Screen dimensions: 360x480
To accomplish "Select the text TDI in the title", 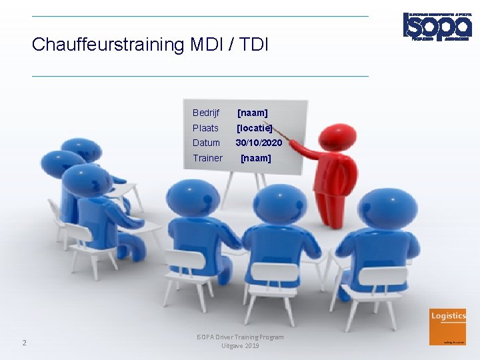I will tap(253, 45).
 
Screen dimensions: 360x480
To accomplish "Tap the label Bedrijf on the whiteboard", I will tap(205, 113).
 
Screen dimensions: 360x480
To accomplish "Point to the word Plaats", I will tap(205, 128).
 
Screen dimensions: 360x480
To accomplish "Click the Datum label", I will tap(206, 143).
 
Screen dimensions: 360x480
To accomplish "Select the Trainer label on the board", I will tap(207, 158).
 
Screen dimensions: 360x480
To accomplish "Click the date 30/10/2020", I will tap(259, 143).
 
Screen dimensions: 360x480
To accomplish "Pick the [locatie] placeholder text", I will tap(255, 128).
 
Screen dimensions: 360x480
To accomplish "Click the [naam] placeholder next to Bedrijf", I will tap(253, 113).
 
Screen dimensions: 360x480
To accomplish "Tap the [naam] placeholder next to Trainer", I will tap(255, 158).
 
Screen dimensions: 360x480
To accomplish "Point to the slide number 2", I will tap(24, 343).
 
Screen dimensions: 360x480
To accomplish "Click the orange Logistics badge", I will tap(448, 327).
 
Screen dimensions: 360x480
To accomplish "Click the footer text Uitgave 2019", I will tap(240, 345).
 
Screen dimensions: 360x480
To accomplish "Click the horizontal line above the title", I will tap(200, 16).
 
